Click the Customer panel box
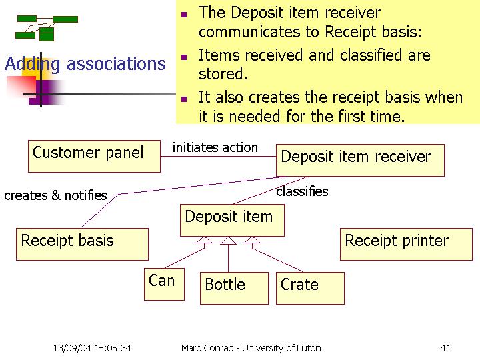94,156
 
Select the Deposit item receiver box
360,160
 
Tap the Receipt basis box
83,244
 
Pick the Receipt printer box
406,244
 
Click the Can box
165,284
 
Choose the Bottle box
234,288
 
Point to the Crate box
310,288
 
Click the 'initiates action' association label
215,147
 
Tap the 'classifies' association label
302,191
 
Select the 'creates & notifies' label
56,195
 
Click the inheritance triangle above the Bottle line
228,241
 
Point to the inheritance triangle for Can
204,240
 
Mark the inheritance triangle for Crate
252,240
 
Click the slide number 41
445,348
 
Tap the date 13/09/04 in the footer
72,348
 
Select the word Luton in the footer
310,348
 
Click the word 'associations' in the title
116,64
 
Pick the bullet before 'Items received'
184,57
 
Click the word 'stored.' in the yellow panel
223,74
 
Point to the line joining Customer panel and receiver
218,157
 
